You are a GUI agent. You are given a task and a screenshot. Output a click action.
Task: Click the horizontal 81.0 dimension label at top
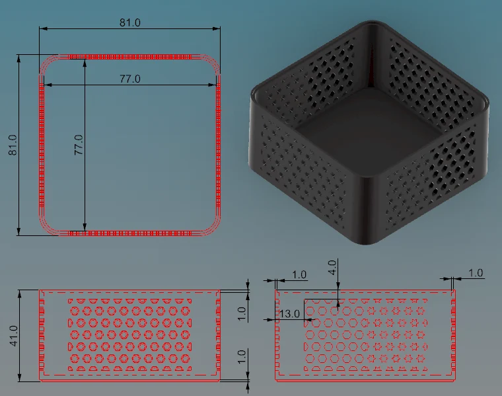pyautogui.click(x=130, y=22)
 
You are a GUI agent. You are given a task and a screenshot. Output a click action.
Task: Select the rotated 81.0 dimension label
pyautogui.click(x=13, y=145)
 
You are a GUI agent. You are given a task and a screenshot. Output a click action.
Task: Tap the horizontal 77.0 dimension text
pyautogui.click(x=130, y=79)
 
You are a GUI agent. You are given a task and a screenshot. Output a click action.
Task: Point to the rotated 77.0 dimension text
pyautogui.click(x=79, y=145)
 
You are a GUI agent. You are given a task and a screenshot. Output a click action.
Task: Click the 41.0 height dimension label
pyautogui.click(x=14, y=335)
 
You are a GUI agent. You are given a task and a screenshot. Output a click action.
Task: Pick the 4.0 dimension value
pyautogui.click(x=332, y=267)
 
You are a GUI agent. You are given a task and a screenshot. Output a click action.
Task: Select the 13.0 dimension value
pyautogui.click(x=289, y=313)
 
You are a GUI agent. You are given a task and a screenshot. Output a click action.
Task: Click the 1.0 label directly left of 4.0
pyautogui.click(x=299, y=274)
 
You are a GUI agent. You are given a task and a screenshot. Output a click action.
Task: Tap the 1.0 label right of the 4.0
pyautogui.click(x=476, y=273)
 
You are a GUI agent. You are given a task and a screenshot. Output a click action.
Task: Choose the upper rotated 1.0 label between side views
pyautogui.click(x=242, y=313)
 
